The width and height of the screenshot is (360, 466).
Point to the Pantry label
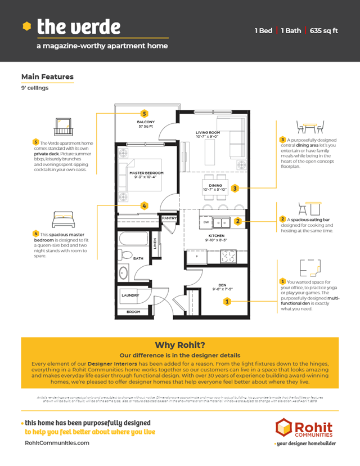[x=169, y=218]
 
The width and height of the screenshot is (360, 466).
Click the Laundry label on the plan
[x=130, y=294]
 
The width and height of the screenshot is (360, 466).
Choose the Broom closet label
[x=133, y=311]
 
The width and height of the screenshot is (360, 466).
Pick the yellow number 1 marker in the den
[x=227, y=302]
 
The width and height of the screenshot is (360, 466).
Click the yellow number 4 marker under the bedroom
[x=145, y=206]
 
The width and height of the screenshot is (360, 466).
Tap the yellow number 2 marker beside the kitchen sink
[x=238, y=221]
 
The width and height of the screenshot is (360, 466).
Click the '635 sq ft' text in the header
[x=323, y=30]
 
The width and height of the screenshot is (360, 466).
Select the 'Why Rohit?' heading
[x=179, y=346]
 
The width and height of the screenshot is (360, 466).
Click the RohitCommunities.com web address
[x=57, y=443]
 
